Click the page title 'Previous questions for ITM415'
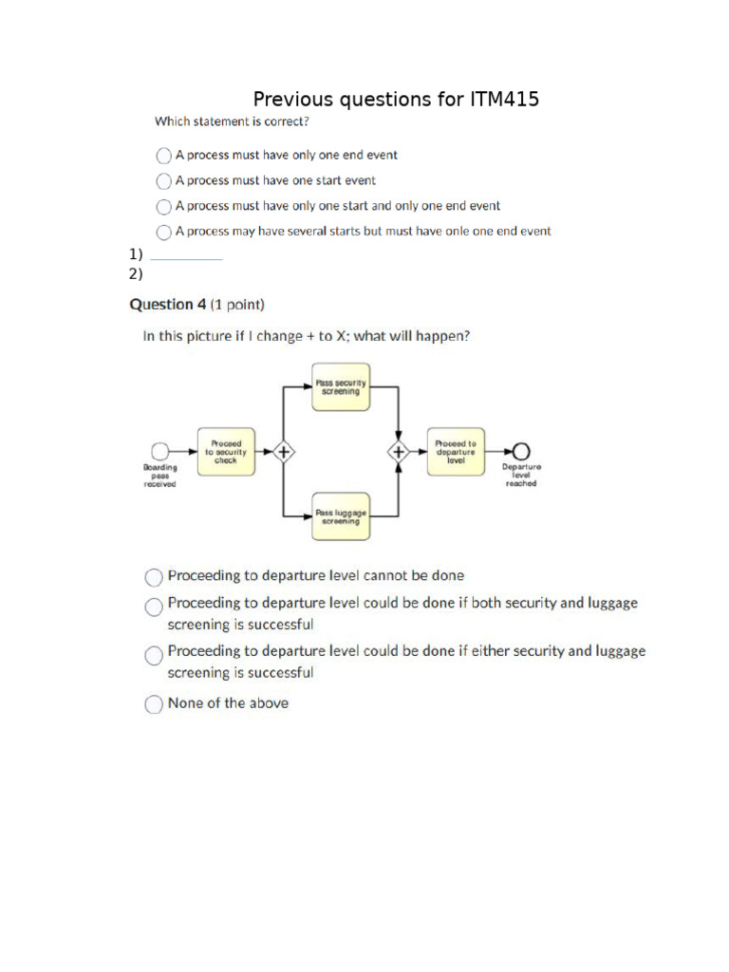(x=396, y=100)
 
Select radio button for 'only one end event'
(x=164, y=155)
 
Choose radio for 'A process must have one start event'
(x=164, y=180)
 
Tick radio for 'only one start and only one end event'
(x=164, y=206)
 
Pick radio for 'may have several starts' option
(x=164, y=232)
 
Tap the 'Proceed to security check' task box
(x=225, y=451)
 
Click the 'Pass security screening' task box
(x=341, y=387)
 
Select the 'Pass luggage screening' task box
(x=341, y=516)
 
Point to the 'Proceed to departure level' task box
(x=456, y=451)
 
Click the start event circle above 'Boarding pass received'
(x=160, y=451)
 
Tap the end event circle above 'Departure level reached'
(x=521, y=451)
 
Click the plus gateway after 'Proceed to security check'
(x=282, y=451)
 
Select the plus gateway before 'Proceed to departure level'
(x=400, y=451)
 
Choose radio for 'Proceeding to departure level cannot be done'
(x=153, y=576)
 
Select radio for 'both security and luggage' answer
(x=153, y=605)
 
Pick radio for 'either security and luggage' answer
(x=153, y=654)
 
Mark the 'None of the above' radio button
(x=153, y=704)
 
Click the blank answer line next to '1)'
(x=186, y=254)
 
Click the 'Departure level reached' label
(x=521, y=475)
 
